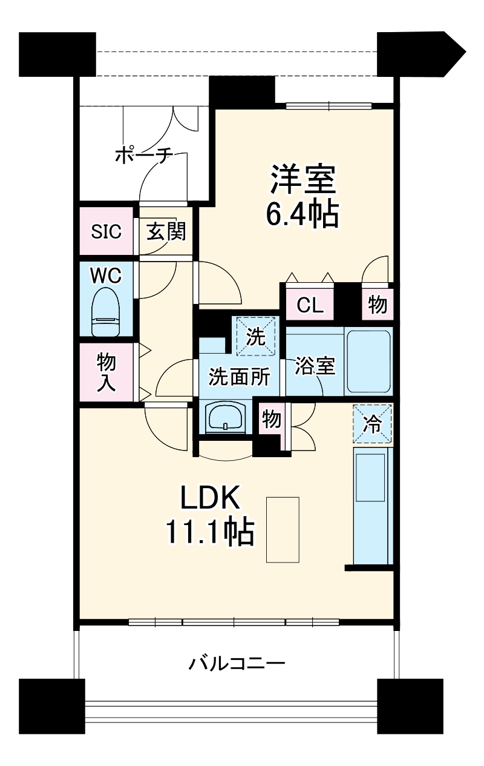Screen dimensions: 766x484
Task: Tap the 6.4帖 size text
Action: click(x=302, y=213)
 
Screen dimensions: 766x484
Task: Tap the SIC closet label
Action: click(x=106, y=231)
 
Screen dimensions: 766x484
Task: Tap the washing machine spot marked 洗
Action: click(x=256, y=337)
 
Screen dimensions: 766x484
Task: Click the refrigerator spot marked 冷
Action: click(x=372, y=423)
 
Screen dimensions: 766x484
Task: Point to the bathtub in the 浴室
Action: click(x=368, y=362)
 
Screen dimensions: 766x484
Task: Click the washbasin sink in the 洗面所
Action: click(x=225, y=418)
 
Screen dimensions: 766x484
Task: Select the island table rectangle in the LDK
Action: click(x=283, y=530)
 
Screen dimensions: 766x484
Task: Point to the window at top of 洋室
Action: click(x=329, y=105)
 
